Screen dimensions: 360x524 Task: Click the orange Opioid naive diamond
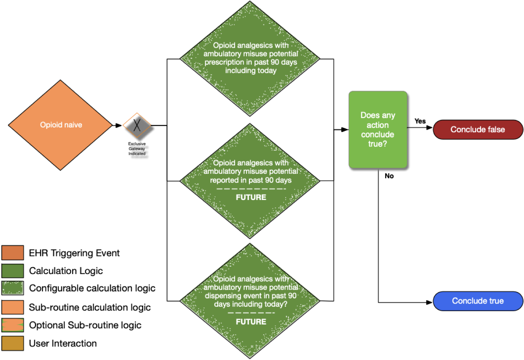(60, 125)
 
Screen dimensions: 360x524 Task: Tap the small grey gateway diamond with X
(137, 125)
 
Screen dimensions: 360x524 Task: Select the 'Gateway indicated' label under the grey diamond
(138, 151)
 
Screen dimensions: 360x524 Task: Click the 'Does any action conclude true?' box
(378, 130)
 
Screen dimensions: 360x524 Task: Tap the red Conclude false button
(478, 130)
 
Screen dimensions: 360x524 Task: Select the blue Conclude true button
(478, 301)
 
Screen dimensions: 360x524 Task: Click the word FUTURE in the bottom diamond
(251, 322)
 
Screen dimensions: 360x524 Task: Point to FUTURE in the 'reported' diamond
(251, 197)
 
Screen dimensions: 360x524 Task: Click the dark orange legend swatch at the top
(13, 253)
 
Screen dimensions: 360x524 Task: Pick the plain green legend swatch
(13, 271)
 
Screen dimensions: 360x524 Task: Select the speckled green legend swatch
(13, 288)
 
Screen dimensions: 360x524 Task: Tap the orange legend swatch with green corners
(13, 325)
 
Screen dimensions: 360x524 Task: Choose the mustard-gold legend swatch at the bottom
(13, 343)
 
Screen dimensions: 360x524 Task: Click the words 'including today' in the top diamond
(251, 71)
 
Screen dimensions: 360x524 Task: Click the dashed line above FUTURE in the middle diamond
(251, 189)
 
